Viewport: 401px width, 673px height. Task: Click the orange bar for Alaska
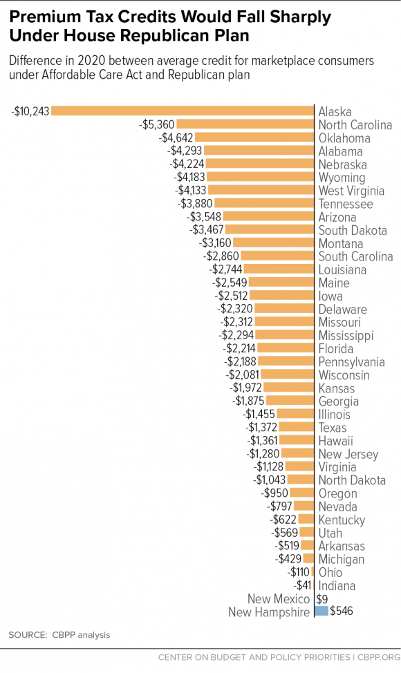183,111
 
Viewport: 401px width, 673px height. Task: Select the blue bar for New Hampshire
321,611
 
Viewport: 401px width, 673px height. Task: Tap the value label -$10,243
30,111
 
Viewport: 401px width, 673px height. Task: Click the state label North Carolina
355,125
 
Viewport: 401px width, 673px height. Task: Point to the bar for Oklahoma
255,138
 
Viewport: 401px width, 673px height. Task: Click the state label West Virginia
351,191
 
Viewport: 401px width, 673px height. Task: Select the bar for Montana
274,243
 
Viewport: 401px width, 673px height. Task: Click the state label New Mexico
279,598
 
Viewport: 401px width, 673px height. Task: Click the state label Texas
333,428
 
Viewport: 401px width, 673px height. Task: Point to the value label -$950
274,493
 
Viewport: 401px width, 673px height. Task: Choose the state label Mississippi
346,335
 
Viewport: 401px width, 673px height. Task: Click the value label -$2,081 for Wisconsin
242,375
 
